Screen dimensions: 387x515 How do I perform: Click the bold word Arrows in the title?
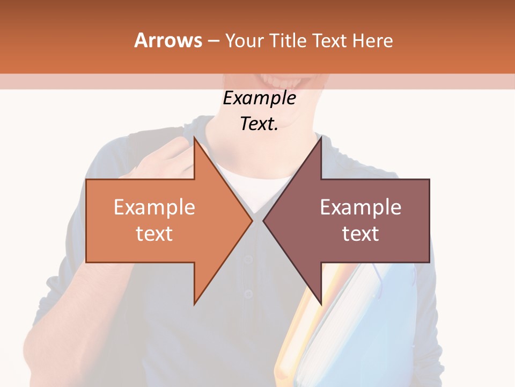tap(168, 40)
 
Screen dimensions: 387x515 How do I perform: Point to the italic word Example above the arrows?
tap(259, 98)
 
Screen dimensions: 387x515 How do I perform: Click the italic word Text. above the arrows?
tap(259, 124)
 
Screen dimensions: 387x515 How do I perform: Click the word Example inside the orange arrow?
tap(154, 207)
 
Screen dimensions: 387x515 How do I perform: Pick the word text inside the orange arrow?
tap(154, 233)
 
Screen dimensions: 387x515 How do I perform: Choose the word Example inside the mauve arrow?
tap(360, 207)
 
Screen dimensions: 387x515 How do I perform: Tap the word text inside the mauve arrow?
tap(360, 233)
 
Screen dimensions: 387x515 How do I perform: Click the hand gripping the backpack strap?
tap(161, 161)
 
